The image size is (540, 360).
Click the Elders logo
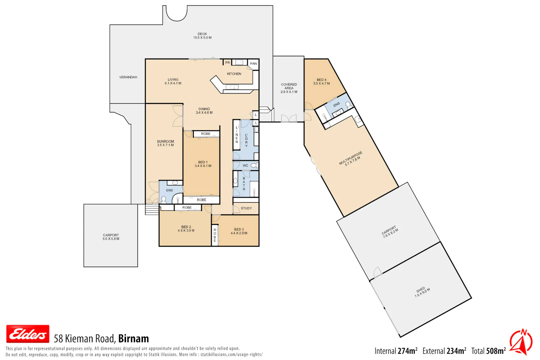pyautogui.click(x=28, y=334)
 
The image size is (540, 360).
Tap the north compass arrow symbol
pyautogui.click(x=521, y=342)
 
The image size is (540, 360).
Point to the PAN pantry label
pyautogui.click(x=253, y=64)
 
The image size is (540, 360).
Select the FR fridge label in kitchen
pyautogui.click(x=228, y=63)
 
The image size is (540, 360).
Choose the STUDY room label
pyautogui.click(x=246, y=208)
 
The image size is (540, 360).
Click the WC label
pyautogui.click(x=246, y=166)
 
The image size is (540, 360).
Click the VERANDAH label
pyautogui.click(x=128, y=77)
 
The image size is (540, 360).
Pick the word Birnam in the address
pyautogui.click(x=134, y=339)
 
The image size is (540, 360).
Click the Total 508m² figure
pyautogui.click(x=489, y=351)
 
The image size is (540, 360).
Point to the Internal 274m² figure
pyautogui.click(x=396, y=351)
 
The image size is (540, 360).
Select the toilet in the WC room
pyautogui.click(x=255, y=165)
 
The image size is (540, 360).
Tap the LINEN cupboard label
pyautogui.click(x=237, y=135)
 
